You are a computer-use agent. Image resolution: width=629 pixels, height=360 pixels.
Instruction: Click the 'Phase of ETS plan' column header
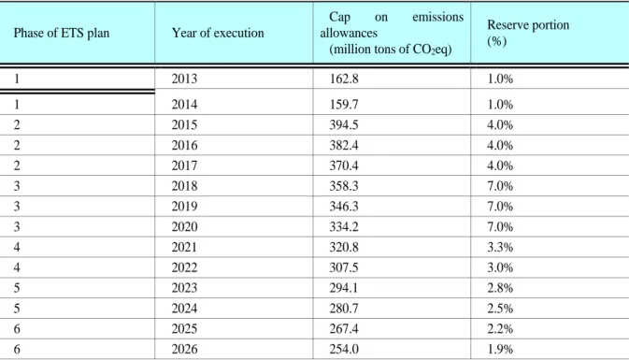point(62,33)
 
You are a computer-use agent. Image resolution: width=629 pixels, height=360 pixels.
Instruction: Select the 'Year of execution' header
point(218,33)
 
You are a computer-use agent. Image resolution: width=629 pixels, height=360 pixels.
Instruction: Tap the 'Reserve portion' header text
point(528,25)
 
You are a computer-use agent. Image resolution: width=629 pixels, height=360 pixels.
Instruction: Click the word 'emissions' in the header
point(437,17)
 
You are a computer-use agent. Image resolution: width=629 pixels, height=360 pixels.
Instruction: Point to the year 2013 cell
point(184,79)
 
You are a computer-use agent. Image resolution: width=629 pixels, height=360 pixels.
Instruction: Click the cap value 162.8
point(344,79)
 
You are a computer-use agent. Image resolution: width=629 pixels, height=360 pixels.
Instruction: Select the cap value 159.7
point(344,105)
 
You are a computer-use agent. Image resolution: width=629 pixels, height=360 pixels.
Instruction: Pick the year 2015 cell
point(184,124)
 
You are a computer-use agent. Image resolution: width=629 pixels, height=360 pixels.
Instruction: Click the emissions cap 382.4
point(344,145)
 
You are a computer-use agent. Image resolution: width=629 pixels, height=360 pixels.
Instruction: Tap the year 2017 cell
point(184,166)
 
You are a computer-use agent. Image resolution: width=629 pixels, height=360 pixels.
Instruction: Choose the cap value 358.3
point(344,186)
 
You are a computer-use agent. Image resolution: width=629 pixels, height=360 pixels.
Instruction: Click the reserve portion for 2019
point(500,207)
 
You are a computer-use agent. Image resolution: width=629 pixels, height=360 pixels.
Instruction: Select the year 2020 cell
point(184,227)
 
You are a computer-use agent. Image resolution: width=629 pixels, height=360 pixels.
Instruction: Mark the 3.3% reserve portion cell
point(500,247)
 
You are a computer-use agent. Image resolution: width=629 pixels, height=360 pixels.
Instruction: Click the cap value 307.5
point(344,267)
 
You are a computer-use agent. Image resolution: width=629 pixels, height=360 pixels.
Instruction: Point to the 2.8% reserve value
point(500,288)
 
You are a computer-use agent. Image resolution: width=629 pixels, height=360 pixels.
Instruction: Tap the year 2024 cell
point(184,309)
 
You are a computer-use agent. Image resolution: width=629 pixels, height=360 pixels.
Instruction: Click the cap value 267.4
point(344,329)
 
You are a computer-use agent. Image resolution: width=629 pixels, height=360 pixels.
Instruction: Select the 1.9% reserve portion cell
point(500,349)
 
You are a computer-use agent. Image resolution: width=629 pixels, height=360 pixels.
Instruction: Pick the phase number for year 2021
point(17,247)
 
